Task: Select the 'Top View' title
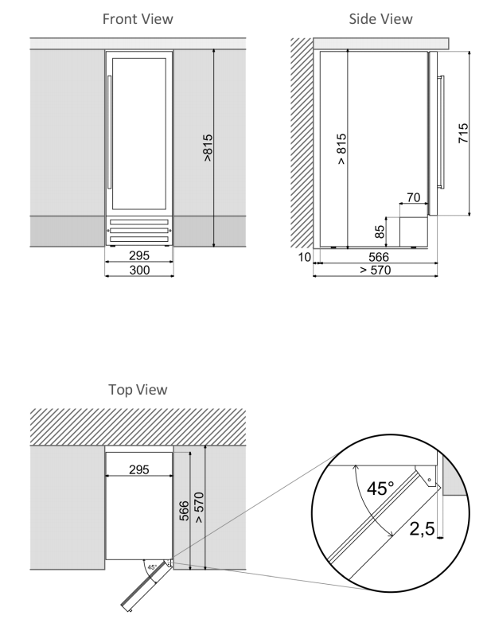[138, 390]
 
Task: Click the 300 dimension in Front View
[138, 271]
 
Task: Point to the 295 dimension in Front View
[138, 256]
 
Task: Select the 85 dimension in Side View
[380, 232]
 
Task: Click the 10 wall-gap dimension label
[304, 257]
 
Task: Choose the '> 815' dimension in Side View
[341, 148]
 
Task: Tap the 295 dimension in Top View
[138, 469]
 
